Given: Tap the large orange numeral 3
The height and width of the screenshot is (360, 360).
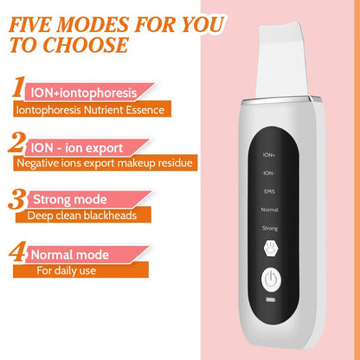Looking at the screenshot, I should [x=15, y=198].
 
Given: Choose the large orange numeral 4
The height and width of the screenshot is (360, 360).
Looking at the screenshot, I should [x=16, y=254].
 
